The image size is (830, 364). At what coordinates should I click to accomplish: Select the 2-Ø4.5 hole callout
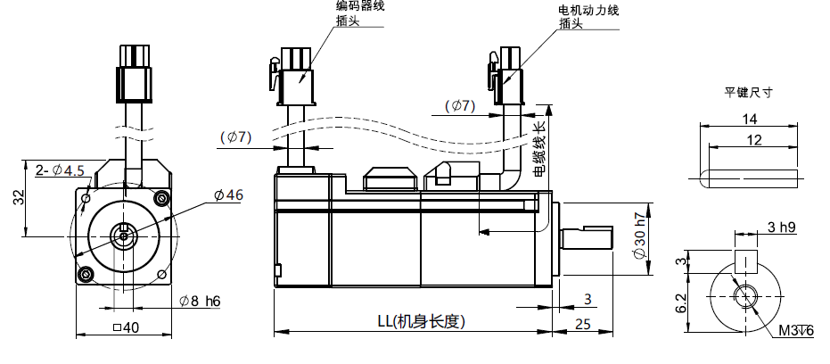(60, 170)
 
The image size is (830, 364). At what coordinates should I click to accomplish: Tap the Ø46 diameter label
(228, 195)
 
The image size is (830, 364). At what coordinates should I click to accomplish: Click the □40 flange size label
(127, 327)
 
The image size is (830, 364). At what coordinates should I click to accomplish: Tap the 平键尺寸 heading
(747, 92)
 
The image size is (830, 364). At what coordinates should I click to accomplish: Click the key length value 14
(749, 120)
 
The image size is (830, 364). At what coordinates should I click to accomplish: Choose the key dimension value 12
(754, 140)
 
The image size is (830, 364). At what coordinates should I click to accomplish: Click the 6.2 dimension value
(680, 302)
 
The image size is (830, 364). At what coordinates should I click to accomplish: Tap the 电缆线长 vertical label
(538, 148)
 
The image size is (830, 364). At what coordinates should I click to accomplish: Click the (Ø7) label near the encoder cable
(236, 136)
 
